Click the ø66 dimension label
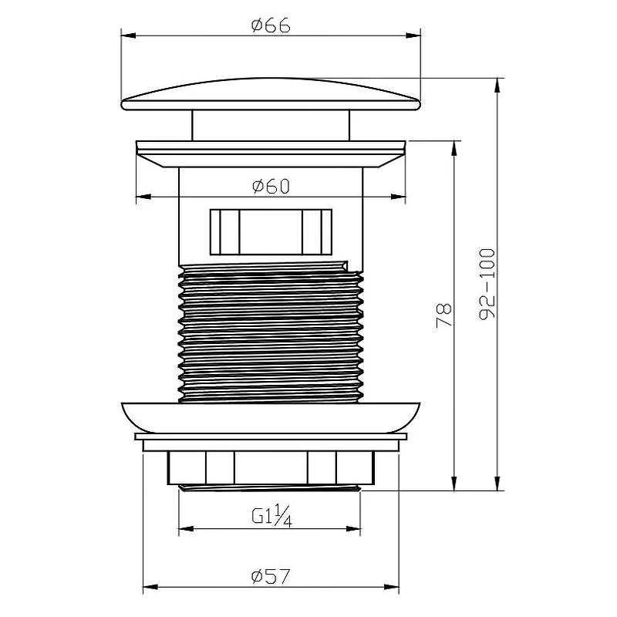pyautogui.click(x=271, y=25)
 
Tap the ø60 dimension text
pyautogui.click(x=271, y=186)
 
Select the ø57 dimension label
pyautogui.click(x=271, y=576)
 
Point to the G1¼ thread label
pyautogui.click(x=271, y=515)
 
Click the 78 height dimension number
pyautogui.click(x=444, y=315)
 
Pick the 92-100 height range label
pyautogui.click(x=487, y=284)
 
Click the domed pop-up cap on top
pyautogui.click(x=271, y=94)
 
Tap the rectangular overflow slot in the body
pyautogui.click(x=271, y=232)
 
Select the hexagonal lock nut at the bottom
pyautogui.click(x=271, y=467)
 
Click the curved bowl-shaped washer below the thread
pyautogui.click(x=271, y=418)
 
